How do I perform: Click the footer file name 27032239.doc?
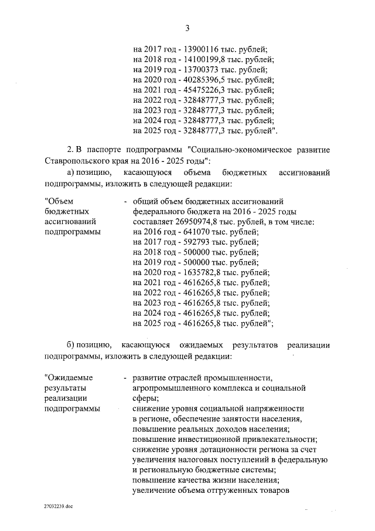coord(59,505)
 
